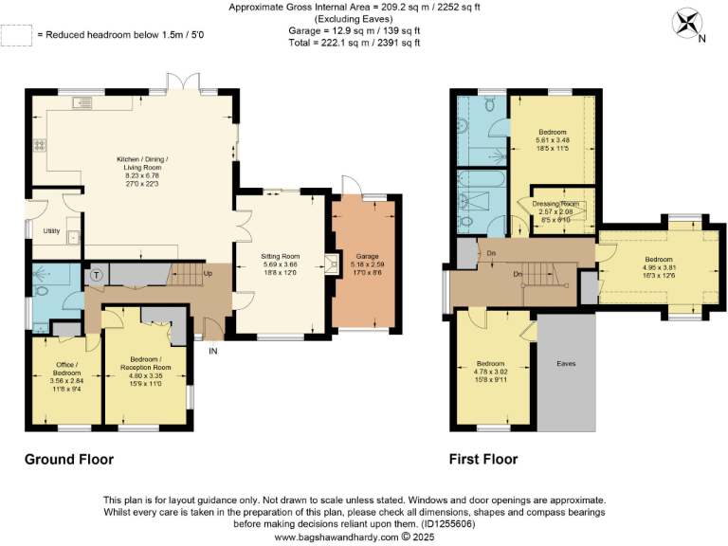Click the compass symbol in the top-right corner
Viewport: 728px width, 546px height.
click(686, 22)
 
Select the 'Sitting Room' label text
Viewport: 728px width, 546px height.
click(281, 256)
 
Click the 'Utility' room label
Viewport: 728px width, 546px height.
click(52, 230)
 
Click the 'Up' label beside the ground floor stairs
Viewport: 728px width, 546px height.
click(209, 275)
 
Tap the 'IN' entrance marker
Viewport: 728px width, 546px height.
click(213, 350)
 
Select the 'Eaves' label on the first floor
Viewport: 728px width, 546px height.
click(565, 363)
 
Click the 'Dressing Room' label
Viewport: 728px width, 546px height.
click(557, 204)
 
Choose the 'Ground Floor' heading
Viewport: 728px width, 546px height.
click(69, 460)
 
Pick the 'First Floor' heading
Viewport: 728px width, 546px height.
click(483, 460)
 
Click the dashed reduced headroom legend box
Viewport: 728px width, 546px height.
click(15, 35)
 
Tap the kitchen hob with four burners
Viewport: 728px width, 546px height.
click(41, 146)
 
